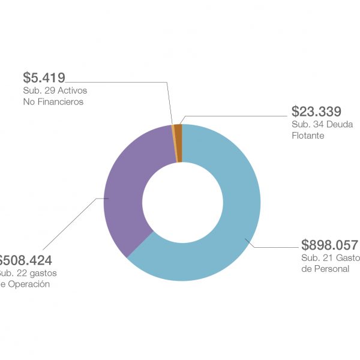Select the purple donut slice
click(x=126, y=192)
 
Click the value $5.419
click(x=44, y=77)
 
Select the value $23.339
click(x=316, y=111)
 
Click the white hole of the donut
click(x=182, y=202)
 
